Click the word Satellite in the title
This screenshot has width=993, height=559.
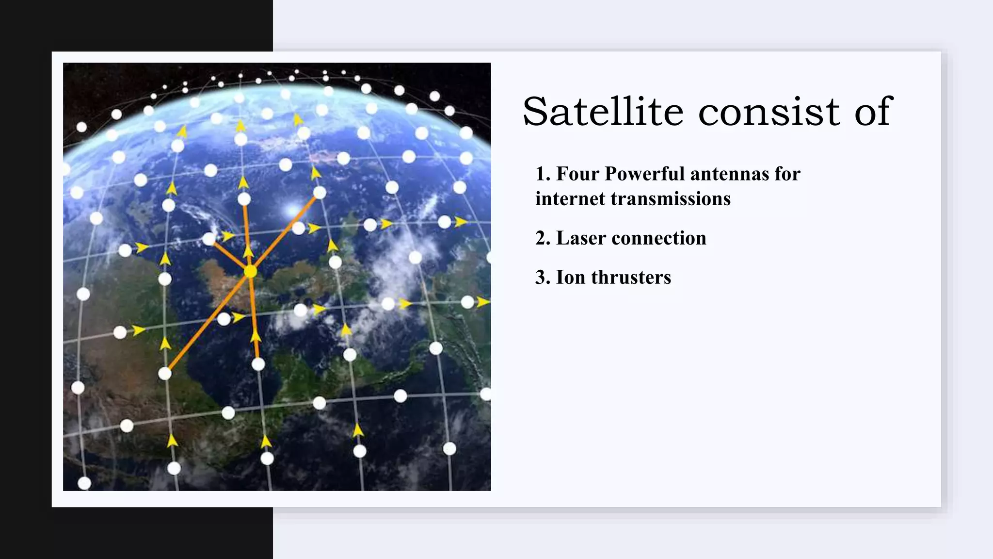[603, 112]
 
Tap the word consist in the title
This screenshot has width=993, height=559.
[769, 112]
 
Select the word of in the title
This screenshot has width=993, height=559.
[873, 112]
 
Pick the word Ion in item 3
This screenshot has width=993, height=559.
[570, 278]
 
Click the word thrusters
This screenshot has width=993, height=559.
[631, 278]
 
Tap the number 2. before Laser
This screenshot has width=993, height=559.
[543, 238]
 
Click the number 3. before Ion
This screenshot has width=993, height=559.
[543, 278]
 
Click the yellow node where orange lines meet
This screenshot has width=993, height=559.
[250, 272]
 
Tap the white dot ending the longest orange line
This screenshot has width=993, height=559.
[165, 374]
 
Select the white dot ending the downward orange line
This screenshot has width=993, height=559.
[258, 364]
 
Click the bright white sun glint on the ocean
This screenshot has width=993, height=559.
[293, 211]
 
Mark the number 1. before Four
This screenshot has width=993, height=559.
[543, 174]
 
